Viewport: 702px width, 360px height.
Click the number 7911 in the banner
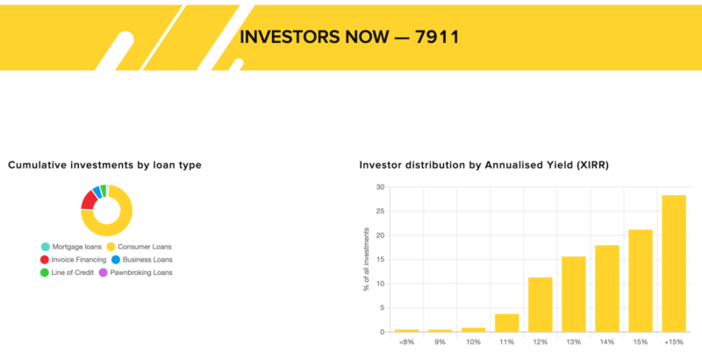coord(437,37)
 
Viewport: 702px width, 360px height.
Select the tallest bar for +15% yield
coord(674,263)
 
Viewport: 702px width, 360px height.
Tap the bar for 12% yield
coord(541,305)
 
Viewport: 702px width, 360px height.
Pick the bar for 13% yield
coord(574,294)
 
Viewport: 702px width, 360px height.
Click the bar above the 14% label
coord(607,288)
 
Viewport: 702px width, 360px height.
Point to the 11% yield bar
coord(507,323)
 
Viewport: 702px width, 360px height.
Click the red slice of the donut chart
coord(89,199)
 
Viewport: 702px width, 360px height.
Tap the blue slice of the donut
coord(97,191)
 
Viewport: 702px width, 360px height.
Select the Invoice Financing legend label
coord(79,260)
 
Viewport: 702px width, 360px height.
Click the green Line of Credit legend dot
coord(45,272)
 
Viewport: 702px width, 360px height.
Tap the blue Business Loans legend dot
coord(116,259)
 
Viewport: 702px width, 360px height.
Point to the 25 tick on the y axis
coord(381,212)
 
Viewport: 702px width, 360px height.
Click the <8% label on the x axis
coord(406,342)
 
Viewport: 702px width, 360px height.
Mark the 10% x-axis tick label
coord(473,342)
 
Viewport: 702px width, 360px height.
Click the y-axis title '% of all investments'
coord(367,259)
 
